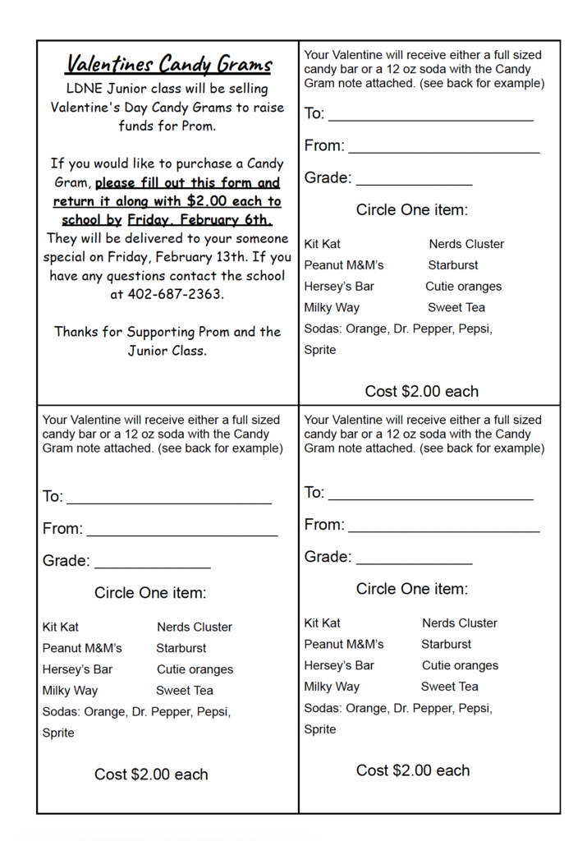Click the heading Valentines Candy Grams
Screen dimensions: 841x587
pos(168,64)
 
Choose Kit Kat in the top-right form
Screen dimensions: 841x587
pos(322,244)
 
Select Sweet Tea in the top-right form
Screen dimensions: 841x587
pos(456,308)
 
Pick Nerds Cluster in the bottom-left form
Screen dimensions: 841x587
pos(195,627)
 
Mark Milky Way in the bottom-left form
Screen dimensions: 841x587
pos(70,691)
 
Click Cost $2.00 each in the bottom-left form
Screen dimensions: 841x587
pos(151,774)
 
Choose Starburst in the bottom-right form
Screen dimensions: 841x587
pos(446,645)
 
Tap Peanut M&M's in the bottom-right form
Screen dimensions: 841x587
pos(343,645)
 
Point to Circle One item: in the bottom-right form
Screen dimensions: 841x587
pos(412,589)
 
